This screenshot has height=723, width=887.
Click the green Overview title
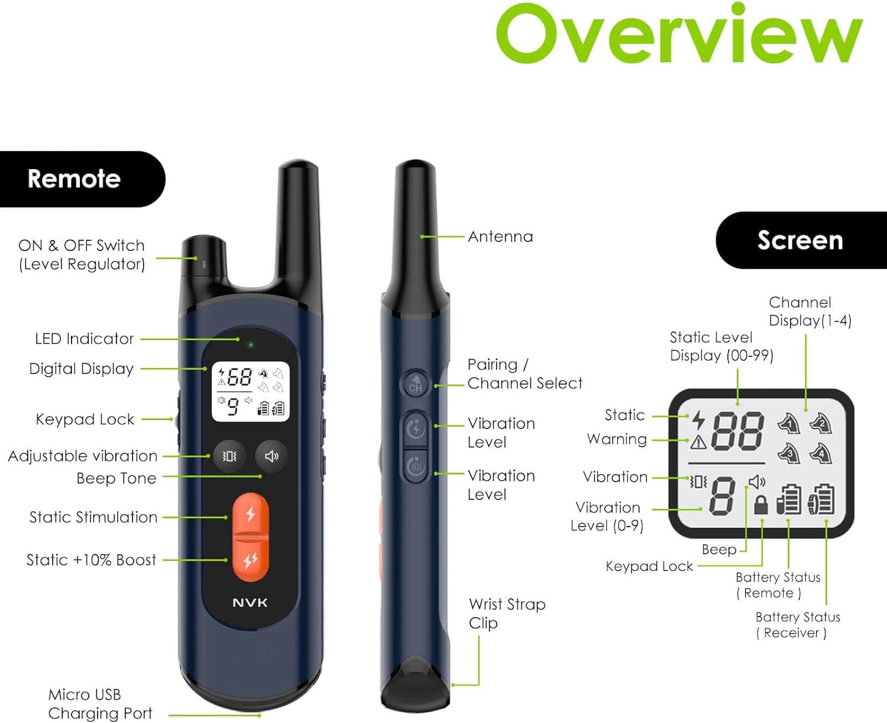(679, 33)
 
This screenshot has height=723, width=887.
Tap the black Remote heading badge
(82, 179)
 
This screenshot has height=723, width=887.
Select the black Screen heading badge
(801, 240)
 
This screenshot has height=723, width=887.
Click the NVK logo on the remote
(250, 602)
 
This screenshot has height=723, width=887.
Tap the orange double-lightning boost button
(250, 560)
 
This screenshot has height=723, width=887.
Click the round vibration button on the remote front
(229, 456)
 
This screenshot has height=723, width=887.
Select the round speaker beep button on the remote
(271, 456)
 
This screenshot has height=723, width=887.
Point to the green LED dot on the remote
(251, 345)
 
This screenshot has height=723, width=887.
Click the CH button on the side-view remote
(415, 384)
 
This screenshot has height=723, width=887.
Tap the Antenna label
(500, 237)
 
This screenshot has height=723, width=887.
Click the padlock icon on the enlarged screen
(761, 505)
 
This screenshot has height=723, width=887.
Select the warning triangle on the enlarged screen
(698, 442)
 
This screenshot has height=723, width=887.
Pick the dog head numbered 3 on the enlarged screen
(789, 453)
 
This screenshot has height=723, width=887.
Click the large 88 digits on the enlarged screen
(737, 431)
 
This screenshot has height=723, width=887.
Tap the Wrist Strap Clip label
(507, 614)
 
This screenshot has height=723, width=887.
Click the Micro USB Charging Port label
(100, 704)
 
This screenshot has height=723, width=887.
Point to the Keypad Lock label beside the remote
(85, 419)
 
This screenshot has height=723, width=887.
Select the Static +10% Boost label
(91, 560)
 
